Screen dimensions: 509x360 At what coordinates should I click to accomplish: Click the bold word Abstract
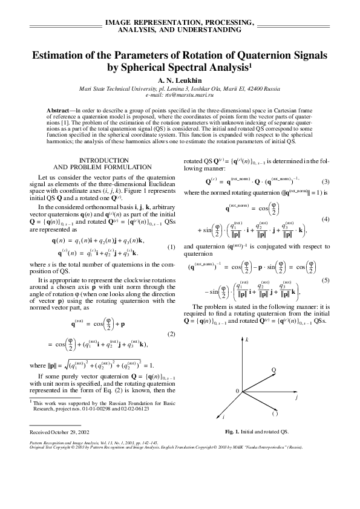coord(58,111)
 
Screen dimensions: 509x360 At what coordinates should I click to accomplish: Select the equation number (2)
coord(171,334)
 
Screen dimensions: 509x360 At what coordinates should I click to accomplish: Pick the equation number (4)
coord(324,219)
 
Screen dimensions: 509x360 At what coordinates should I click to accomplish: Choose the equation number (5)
coord(324,280)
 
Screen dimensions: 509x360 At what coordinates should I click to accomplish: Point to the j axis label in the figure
coord(296,398)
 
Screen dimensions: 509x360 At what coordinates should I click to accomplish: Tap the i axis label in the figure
coord(223,417)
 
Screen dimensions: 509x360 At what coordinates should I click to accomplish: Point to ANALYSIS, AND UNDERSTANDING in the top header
coord(180,29)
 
